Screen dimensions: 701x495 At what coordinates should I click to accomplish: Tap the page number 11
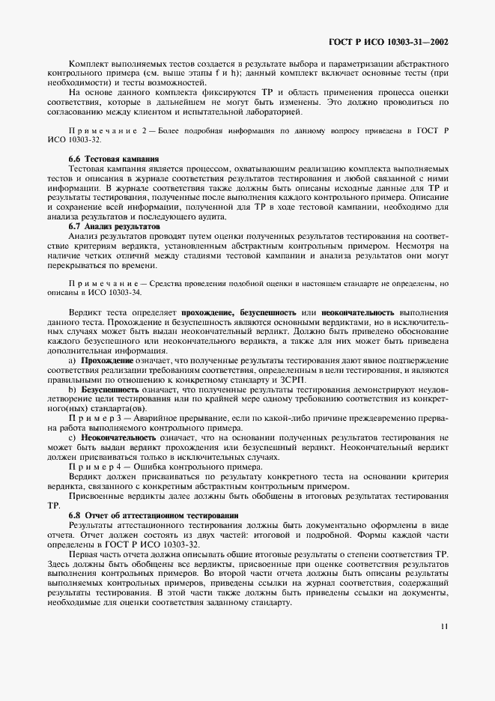(444, 647)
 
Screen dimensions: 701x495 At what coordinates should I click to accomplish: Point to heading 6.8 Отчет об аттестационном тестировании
(154, 516)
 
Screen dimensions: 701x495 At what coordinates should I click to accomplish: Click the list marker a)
(73, 361)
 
